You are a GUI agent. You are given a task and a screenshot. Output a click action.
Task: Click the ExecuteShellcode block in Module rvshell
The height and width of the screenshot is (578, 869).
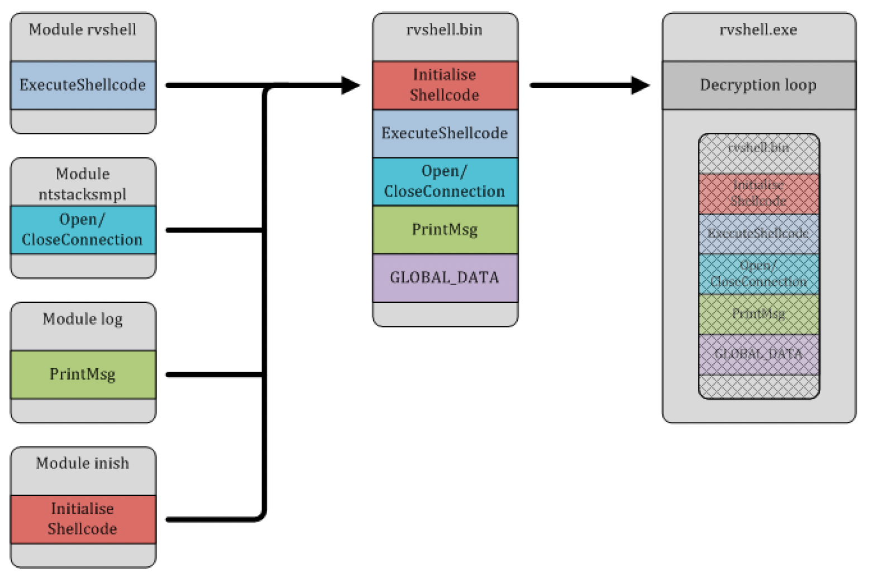coord(83,85)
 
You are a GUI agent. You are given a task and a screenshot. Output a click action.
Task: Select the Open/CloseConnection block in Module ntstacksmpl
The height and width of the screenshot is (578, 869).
coord(83,230)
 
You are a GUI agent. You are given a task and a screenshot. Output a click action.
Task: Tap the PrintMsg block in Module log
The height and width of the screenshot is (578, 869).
coord(83,374)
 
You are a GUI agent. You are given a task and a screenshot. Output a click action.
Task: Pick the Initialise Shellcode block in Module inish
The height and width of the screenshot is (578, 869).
coord(83,519)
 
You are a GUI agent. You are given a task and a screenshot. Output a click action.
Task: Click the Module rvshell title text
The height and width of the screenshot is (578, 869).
coord(83,30)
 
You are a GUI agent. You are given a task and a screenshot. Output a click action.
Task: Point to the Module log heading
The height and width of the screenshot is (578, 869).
coord(83,319)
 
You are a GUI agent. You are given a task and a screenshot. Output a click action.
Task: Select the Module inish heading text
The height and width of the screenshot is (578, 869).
coord(83,464)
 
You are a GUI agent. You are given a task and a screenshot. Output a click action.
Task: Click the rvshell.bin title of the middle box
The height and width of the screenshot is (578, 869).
coord(445,30)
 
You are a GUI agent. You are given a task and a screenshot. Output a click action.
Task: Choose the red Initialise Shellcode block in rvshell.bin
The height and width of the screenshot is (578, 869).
coord(445,85)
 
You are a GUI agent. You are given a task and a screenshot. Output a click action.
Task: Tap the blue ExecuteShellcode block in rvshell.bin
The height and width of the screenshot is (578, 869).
coord(445,133)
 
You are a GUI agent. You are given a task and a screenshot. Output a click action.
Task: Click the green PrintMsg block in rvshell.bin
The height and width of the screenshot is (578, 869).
coord(445,230)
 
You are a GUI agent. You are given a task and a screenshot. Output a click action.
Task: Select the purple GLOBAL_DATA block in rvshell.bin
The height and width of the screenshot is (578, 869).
coord(445,278)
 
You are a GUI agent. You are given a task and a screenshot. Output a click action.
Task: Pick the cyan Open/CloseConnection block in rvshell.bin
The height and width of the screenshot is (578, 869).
coord(445,181)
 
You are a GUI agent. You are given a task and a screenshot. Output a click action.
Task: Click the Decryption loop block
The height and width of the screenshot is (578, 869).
coord(758,85)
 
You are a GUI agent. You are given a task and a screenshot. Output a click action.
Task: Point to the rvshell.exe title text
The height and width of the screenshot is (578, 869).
coord(758,30)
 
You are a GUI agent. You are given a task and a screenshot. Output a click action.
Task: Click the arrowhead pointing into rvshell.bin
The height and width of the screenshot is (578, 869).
coord(351,85)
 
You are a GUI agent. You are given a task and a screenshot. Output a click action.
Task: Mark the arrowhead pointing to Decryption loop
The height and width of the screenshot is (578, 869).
coord(641,85)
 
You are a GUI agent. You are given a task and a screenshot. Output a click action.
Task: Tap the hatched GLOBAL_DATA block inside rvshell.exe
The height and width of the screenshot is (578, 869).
coord(758,354)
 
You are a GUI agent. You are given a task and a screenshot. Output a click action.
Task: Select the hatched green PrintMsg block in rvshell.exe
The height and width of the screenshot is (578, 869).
coord(758,314)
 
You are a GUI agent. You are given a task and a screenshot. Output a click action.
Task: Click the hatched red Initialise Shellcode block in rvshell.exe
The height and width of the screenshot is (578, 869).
coord(758,193)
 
